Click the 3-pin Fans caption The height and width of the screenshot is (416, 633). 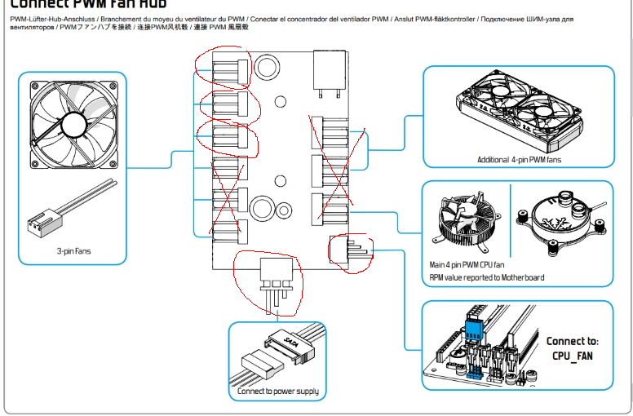pyautogui.click(x=73, y=251)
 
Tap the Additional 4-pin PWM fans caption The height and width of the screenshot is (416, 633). pyautogui.click(x=519, y=160)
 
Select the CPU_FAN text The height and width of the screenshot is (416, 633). pyautogui.click(x=571, y=357)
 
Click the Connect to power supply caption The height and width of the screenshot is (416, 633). pyautogui.click(x=278, y=392)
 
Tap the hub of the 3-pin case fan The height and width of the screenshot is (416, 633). pyautogui.click(x=72, y=123)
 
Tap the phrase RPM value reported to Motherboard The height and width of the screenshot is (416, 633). pyautogui.click(x=487, y=277)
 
